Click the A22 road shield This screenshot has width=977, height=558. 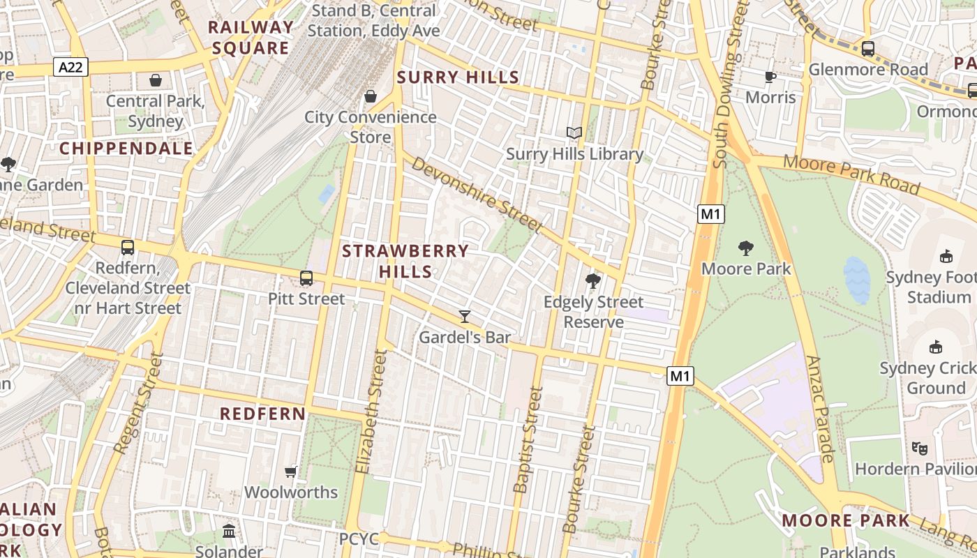[70, 67]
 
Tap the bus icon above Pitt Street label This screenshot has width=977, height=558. [306, 278]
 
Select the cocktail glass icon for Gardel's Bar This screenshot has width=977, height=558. [464, 317]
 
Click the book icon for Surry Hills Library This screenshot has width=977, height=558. [574, 133]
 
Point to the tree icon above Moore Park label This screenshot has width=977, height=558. [746, 248]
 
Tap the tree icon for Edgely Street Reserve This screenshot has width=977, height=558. [593, 281]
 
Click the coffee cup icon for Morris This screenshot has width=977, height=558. [770, 77]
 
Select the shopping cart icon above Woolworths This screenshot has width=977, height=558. [291, 472]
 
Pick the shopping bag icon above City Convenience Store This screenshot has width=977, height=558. [371, 96]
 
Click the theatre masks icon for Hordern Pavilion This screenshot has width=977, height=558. [919, 448]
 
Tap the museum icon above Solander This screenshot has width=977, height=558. [229, 531]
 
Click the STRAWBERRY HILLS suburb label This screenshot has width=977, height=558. [405, 261]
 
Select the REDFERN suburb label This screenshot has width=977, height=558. [263, 414]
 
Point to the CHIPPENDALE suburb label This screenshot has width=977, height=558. [126, 149]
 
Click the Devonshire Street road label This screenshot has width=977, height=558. [476, 194]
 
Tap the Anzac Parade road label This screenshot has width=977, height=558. [820, 409]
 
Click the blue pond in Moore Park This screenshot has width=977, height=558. [857, 280]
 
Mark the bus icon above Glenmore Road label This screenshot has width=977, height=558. [868, 49]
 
